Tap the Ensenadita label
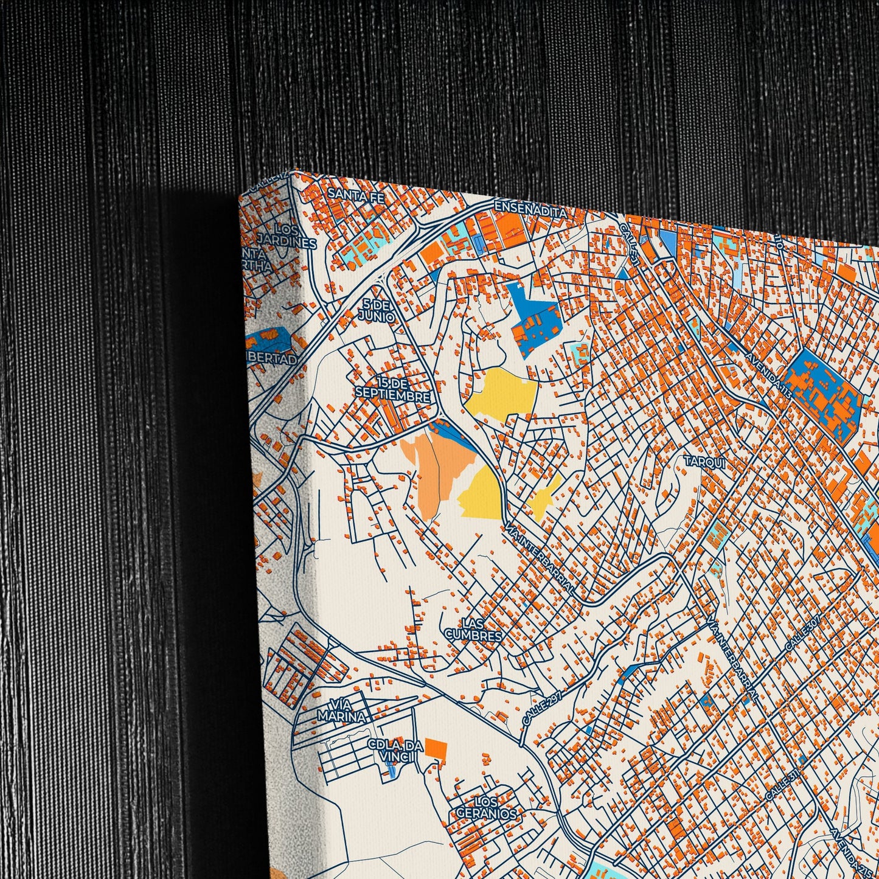[x=530, y=209]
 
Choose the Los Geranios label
[x=486, y=807]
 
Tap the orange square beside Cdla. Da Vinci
[x=436, y=748]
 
